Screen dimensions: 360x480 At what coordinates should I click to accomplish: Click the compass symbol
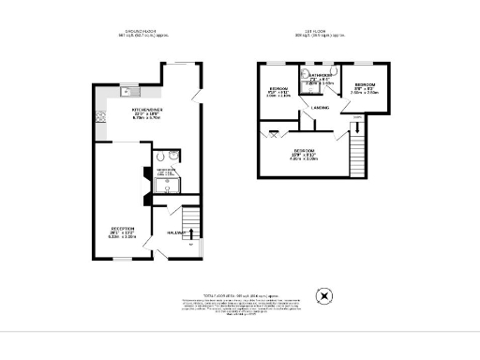click(325, 297)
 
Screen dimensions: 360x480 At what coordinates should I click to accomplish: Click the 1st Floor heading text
click(315, 32)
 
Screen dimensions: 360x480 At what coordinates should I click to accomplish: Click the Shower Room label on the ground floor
click(166, 173)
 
